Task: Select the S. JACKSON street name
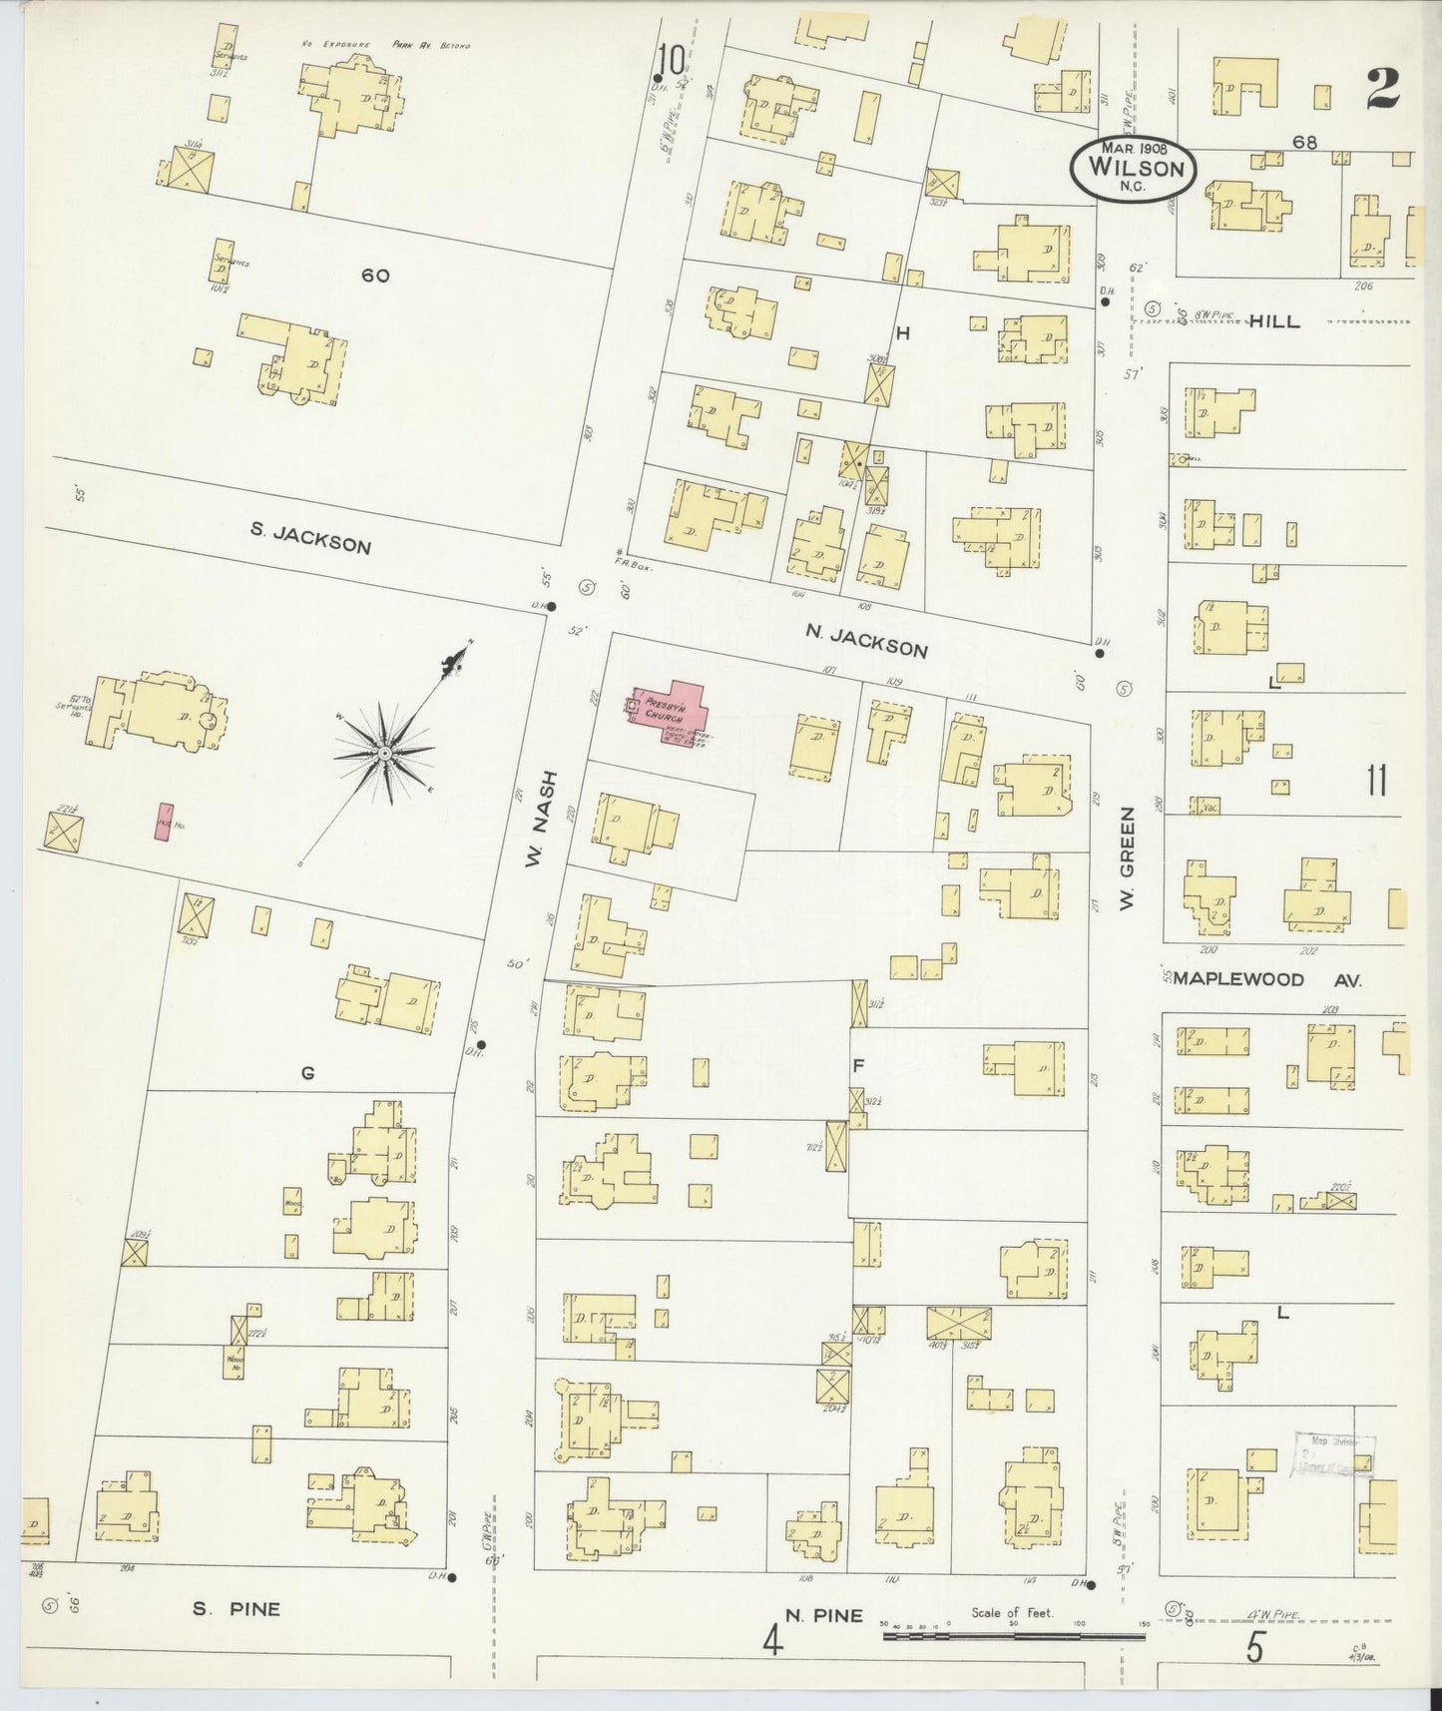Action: tap(310, 539)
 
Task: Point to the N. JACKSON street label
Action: tap(866, 641)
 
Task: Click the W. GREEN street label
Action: tap(1127, 871)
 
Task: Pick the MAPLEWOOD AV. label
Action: tap(1266, 980)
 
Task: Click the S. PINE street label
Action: tap(237, 1608)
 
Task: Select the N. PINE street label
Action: tap(823, 1615)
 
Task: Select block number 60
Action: tap(375, 276)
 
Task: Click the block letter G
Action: tap(307, 1073)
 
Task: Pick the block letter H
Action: tap(902, 334)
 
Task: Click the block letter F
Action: tap(857, 1065)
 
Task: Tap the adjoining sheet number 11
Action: tap(1377, 781)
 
